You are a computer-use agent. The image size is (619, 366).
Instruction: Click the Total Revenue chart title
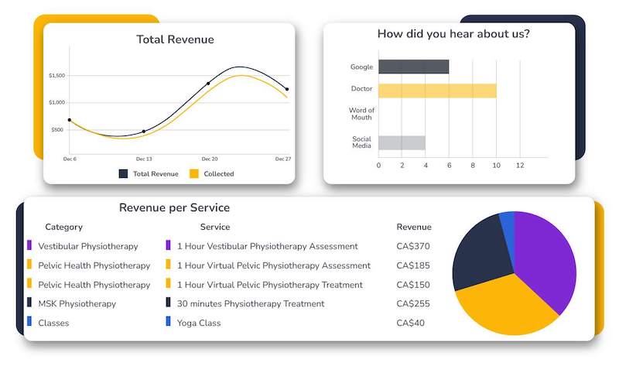[175, 39]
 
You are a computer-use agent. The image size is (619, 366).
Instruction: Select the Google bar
[413, 67]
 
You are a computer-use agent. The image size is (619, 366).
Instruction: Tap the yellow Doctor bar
[437, 91]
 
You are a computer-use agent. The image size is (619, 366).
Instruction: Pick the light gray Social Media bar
[402, 142]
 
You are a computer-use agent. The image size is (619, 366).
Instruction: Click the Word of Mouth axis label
[361, 115]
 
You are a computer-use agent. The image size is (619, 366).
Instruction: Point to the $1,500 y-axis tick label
[56, 76]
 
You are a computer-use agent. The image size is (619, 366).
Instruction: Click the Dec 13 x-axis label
[144, 159]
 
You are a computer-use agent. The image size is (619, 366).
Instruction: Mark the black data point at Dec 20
[208, 84]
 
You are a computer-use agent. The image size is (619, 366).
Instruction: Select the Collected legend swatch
[194, 174]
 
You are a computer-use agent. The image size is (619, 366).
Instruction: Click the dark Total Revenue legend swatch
[123, 174]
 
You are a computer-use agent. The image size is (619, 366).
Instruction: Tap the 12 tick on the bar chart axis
[520, 166]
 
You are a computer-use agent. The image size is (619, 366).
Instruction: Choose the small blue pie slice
[508, 224]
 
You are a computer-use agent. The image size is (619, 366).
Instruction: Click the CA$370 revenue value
[413, 246]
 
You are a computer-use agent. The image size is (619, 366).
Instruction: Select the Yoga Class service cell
[199, 323]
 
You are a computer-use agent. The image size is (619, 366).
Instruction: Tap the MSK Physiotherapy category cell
[77, 303]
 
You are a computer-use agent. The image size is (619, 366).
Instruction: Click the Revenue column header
[414, 227]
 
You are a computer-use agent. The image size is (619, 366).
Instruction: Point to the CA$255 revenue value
[413, 303]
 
